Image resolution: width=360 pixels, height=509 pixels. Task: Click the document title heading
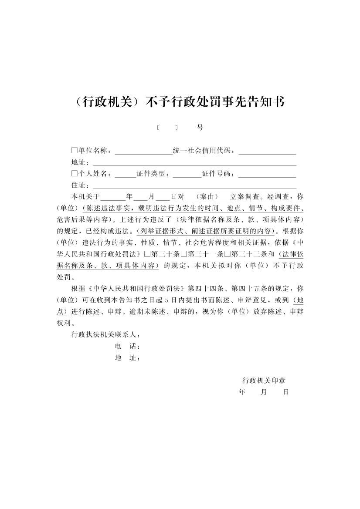pos(180,102)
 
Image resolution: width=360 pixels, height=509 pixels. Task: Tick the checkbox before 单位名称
pos(74,151)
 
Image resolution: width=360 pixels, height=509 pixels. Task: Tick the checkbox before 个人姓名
pos(74,174)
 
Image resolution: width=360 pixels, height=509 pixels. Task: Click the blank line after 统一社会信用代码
pos(267,151)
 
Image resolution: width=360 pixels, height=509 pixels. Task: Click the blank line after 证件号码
pos(267,174)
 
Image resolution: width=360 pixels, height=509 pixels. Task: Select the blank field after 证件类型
pos(187,174)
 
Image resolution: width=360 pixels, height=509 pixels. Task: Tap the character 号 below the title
pos(200,128)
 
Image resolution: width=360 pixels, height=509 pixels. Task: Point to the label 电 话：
pos(127,347)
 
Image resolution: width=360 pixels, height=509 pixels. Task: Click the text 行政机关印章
pos(264,380)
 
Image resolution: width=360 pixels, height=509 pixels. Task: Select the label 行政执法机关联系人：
pos(106,335)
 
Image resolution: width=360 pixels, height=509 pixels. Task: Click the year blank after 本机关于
pos(112,197)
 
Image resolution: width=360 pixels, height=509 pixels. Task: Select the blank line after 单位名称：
pos(143,151)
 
